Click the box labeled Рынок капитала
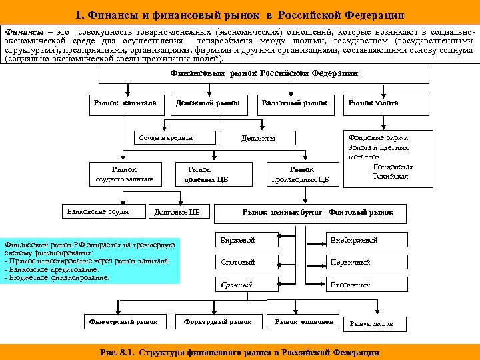pos(126,103)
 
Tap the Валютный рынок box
pos(295,103)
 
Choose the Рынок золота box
pos(373,103)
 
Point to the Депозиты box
pos(258,138)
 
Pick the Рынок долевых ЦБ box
pos(207,174)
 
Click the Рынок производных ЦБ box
pos(302,174)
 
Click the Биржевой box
pos(248,240)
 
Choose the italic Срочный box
pos(248,285)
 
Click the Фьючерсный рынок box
pos(123,322)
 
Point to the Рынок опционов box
pos(303,322)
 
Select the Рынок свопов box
pos(372,323)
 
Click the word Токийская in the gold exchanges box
pos(390,177)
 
